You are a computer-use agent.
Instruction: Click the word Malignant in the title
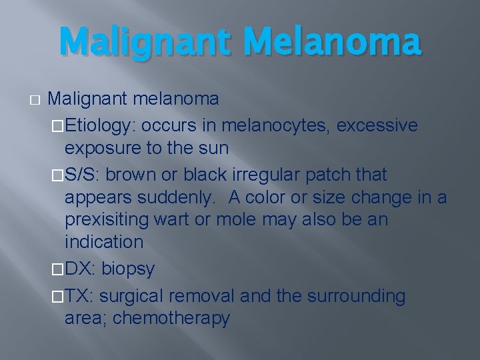(x=147, y=41)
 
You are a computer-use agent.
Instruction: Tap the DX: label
(x=80, y=269)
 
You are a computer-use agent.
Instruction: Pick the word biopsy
(x=128, y=269)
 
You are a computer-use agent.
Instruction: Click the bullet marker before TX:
(x=57, y=295)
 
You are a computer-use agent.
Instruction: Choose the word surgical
(x=134, y=295)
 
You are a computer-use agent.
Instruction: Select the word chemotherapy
(x=171, y=318)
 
